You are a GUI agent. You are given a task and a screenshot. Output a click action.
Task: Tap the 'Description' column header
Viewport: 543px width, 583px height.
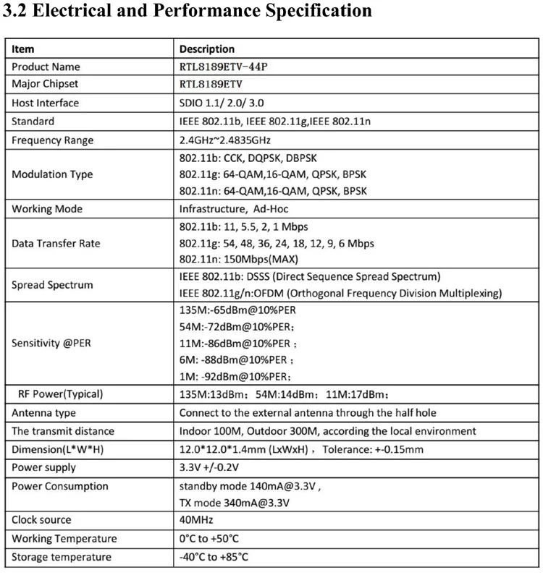pyautogui.click(x=207, y=49)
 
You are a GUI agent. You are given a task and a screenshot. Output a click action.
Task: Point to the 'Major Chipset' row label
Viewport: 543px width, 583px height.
pyautogui.click(x=45, y=84)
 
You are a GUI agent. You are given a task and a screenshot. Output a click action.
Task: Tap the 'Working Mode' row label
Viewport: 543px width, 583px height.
pyautogui.click(x=47, y=209)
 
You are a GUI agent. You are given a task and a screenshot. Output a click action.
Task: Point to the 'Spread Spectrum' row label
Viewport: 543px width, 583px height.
pyautogui.click(x=52, y=285)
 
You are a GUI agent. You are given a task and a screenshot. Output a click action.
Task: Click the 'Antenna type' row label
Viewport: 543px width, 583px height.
pyautogui.click(x=44, y=413)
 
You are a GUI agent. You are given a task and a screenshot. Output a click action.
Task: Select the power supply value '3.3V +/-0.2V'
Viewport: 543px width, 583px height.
pyautogui.click(x=209, y=468)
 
